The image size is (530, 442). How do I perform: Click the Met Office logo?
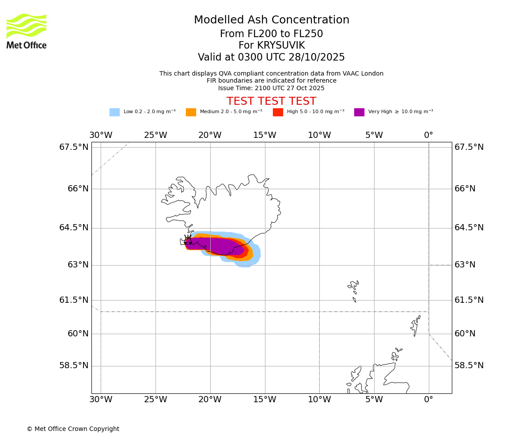point(26,31)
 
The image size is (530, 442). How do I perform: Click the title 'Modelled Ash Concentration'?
point(272,20)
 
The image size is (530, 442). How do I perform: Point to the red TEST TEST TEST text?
point(271,101)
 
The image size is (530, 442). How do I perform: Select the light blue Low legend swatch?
point(114,112)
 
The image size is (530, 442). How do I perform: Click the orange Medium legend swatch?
point(191,112)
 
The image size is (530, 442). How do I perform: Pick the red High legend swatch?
point(278,112)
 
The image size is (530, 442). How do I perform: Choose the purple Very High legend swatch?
point(359,112)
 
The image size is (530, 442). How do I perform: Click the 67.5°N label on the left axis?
point(74,147)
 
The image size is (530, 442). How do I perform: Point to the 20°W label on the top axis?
point(210,135)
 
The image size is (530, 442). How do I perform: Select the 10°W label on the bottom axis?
point(319,400)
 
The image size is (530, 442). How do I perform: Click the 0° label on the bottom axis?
point(428,400)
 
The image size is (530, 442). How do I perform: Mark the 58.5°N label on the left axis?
point(74,366)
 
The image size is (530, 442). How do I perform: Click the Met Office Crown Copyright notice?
point(73,429)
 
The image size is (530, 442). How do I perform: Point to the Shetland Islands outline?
point(415,326)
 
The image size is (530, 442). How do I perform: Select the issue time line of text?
point(271,88)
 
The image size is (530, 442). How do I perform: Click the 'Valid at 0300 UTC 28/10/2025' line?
point(271,57)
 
